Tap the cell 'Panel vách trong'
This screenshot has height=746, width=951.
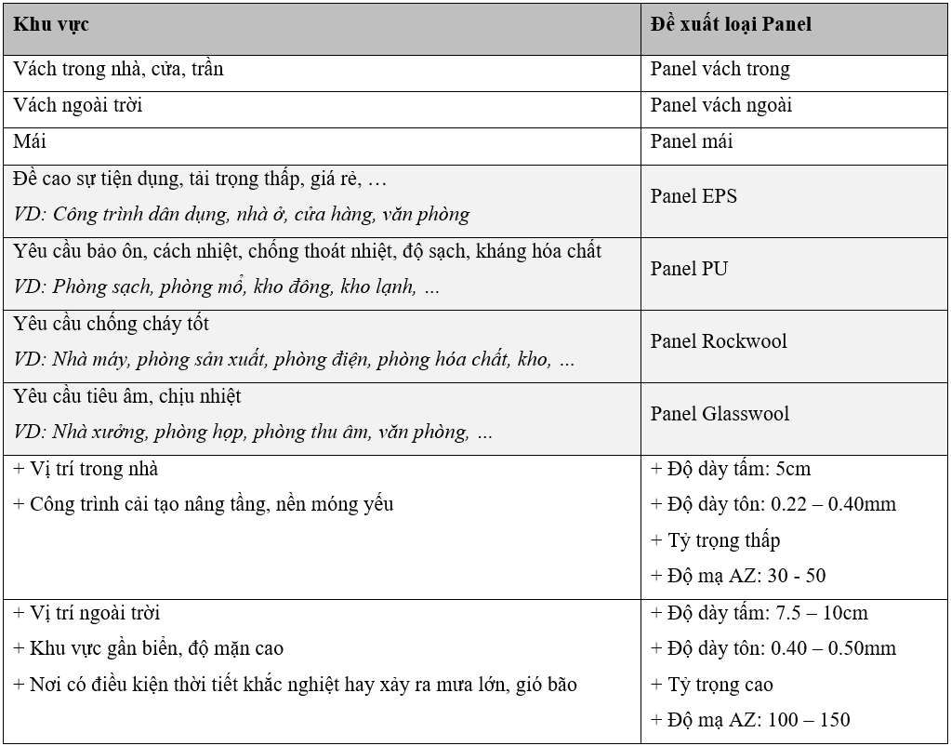(x=720, y=70)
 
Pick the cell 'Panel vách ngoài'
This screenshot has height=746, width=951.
(x=720, y=106)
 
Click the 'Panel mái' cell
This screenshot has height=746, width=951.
(x=692, y=141)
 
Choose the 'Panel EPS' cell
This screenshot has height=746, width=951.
(x=693, y=196)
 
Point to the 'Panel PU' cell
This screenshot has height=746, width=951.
(x=689, y=269)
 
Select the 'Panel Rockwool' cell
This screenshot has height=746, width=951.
(x=719, y=341)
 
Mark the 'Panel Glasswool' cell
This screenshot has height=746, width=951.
(x=720, y=414)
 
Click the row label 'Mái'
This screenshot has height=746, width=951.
(x=30, y=141)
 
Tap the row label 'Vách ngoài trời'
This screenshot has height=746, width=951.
(x=78, y=106)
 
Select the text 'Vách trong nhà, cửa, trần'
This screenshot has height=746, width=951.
(x=118, y=70)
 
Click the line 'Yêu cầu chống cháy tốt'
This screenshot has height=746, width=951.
(x=112, y=324)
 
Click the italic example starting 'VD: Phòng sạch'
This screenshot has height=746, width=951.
(x=227, y=287)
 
